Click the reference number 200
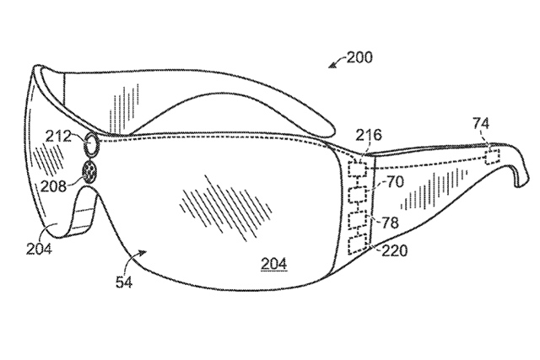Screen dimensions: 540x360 pos(359,57)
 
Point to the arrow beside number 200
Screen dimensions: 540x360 pos(337,62)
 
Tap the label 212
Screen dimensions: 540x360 pos(58,137)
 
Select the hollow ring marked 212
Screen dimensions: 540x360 pos(92,144)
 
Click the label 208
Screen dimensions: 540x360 pos(53,186)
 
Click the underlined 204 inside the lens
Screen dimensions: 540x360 pos(273,264)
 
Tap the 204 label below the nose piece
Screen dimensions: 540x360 pos(39,249)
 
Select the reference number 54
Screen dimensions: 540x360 pos(124,282)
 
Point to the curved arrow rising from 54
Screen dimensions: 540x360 pos(133,261)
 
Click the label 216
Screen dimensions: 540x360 pos(369,135)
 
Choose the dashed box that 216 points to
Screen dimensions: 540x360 pos(358,169)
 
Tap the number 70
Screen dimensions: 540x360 pos(395,182)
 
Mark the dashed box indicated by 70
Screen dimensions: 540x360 pos(358,194)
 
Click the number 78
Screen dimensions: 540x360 pos(390,223)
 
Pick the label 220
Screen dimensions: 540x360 pos(394,250)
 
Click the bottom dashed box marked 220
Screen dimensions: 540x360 pos(358,245)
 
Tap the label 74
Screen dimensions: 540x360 pos(481,124)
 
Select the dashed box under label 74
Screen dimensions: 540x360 pos(492,157)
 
